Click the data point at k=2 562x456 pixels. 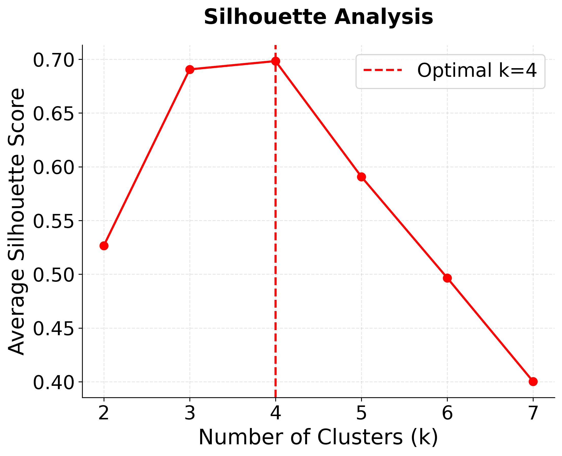[104, 246]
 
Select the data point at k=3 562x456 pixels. [190, 70]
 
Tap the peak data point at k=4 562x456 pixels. [275, 61]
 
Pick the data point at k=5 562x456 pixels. [361, 177]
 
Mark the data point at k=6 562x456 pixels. [447, 278]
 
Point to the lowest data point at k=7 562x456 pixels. [533, 382]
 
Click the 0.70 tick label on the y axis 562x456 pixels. [53, 60]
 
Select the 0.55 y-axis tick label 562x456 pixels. [53, 221]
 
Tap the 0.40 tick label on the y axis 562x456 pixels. [53, 383]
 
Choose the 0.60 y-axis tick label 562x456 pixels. [53, 168]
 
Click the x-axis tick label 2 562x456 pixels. [104, 413]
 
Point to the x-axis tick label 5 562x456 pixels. [361, 413]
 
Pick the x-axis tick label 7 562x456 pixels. [533, 413]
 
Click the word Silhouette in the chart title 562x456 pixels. [265, 17]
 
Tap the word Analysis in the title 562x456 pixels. [383, 17]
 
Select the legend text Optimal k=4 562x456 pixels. [477, 70]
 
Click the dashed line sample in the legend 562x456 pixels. [383, 70]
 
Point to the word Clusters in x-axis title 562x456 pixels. [360, 437]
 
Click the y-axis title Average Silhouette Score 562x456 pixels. [16, 222]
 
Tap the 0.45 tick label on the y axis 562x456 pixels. [53, 329]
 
